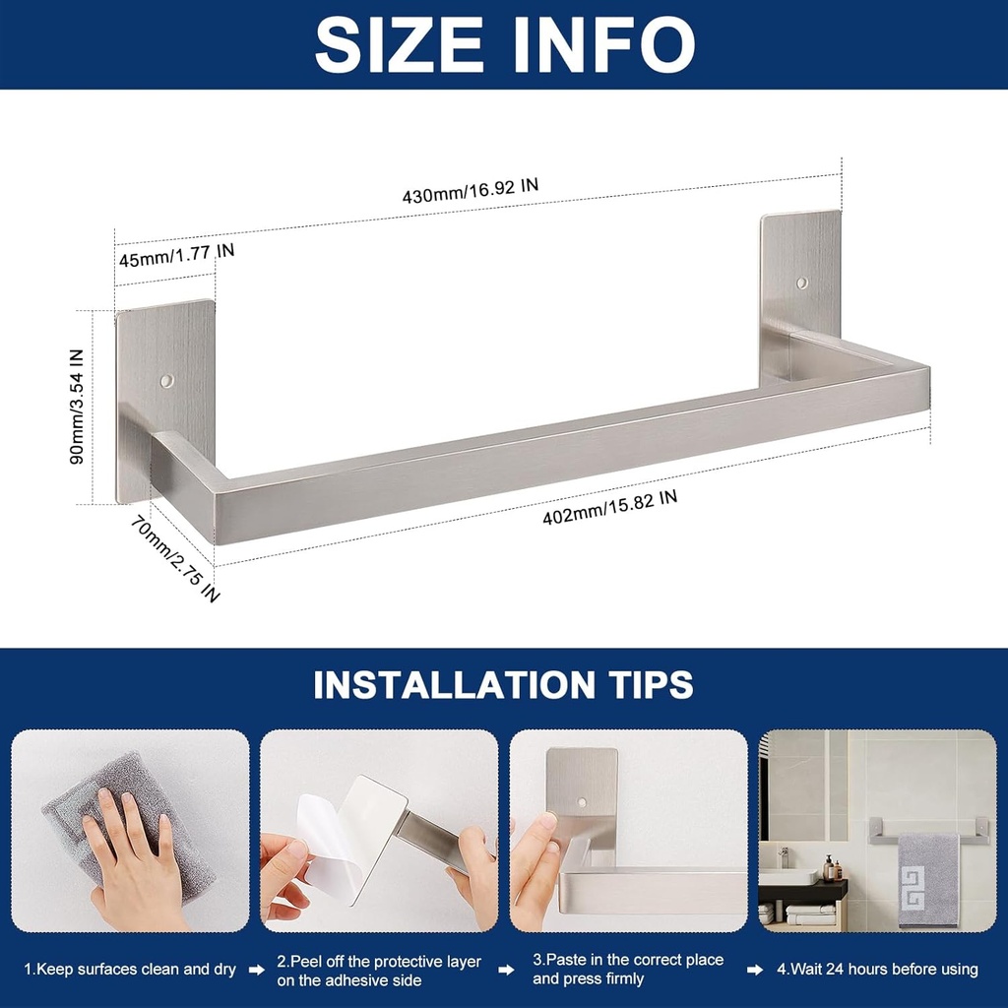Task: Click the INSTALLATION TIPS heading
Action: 504,684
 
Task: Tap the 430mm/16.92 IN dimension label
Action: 471,190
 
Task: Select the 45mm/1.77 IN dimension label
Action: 176,256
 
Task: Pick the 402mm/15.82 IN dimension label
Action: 610,507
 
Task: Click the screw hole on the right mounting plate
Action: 801,283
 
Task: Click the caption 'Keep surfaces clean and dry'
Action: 130,970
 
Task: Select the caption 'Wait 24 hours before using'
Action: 877,970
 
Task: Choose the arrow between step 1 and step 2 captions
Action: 256,970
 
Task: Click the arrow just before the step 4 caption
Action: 755,970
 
